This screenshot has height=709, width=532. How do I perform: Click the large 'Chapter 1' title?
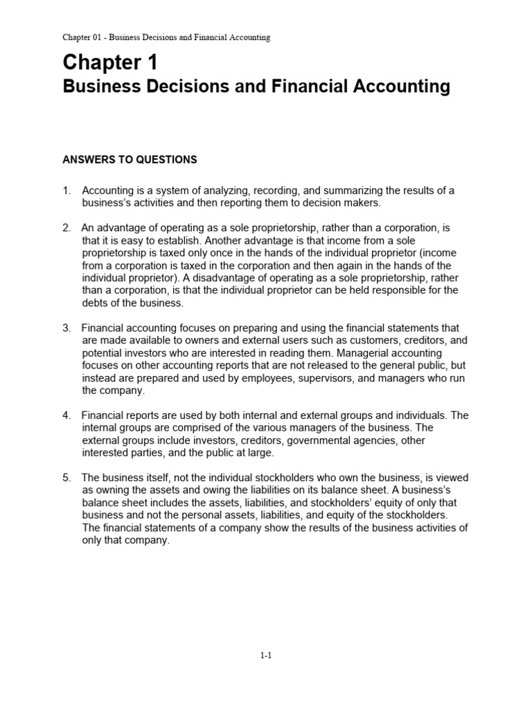click(x=110, y=63)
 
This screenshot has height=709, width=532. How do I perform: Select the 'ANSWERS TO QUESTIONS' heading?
click(x=130, y=160)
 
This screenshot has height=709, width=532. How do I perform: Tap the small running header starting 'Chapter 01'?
click(x=166, y=37)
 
